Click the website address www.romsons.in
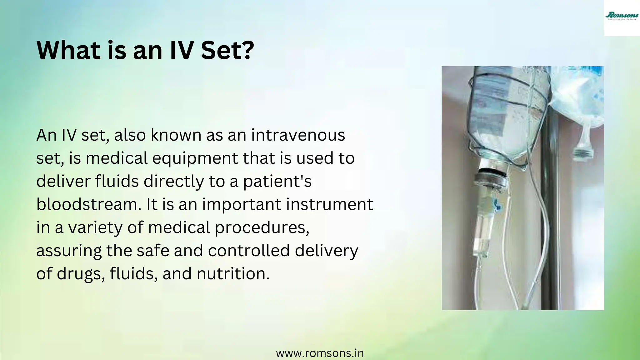[x=320, y=353]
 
